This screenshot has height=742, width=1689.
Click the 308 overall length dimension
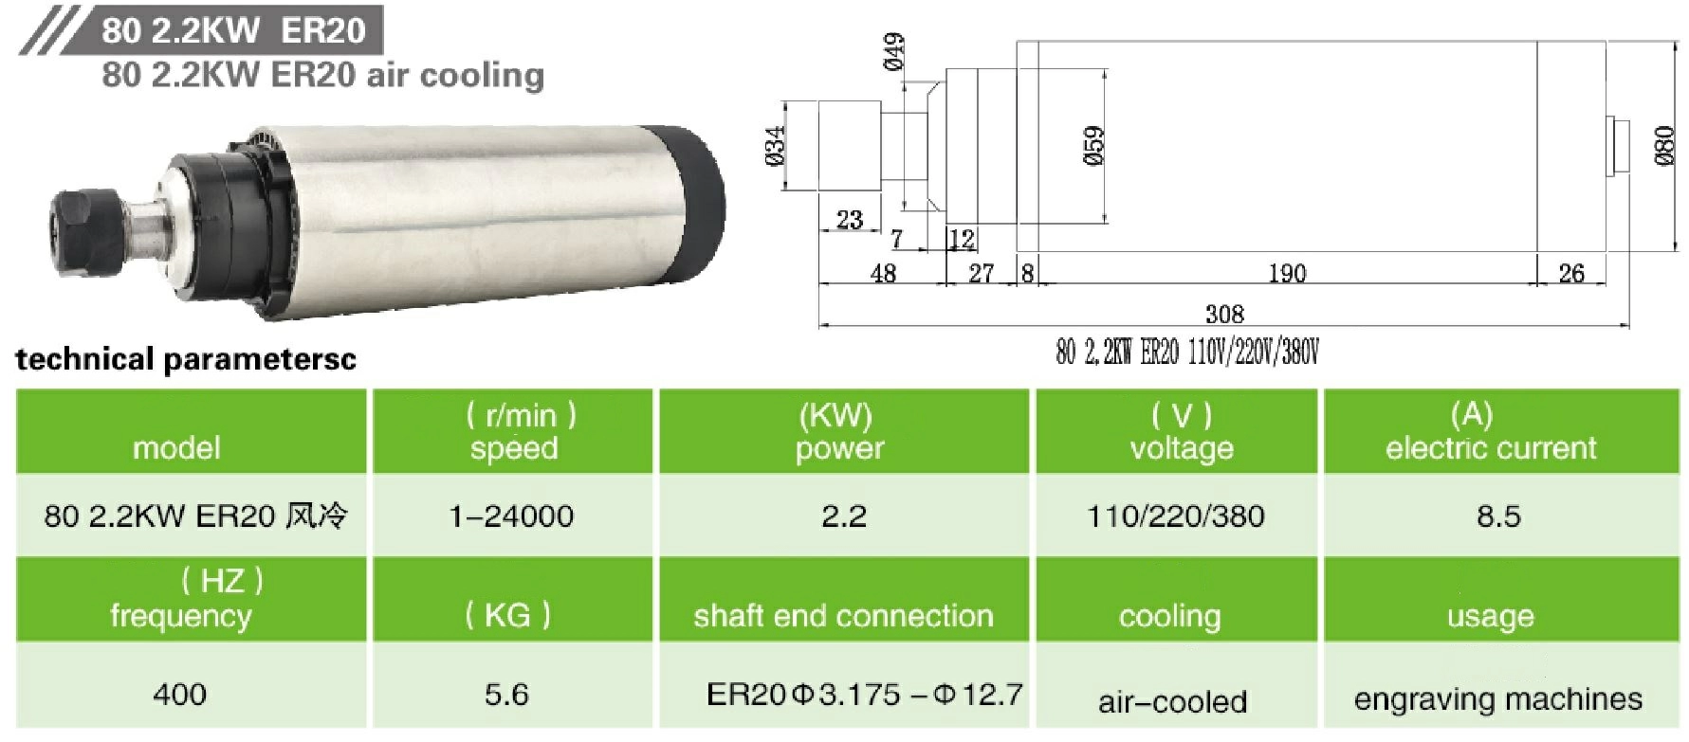pyautogui.click(x=1223, y=314)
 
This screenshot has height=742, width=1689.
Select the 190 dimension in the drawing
pyautogui.click(x=1287, y=274)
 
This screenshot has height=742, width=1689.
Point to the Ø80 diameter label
pyautogui.click(x=1664, y=146)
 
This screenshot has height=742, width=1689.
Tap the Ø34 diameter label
pyautogui.click(x=776, y=146)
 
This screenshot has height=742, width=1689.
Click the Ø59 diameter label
pyautogui.click(x=1093, y=146)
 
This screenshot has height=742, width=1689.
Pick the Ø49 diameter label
pyautogui.click(x=893, y=52)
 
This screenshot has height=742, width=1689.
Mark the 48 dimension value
pyautogui.click(x=882, y=274)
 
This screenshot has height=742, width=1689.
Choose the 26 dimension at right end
pyautogui.click(x=1570, y=274)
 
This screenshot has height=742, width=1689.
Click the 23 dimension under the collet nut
pyautogui.click(x=849, y=221)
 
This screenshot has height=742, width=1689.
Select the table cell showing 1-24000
pyautogui.click(x=511, y=516)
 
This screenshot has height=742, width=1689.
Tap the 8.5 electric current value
pyautogui.click(x=1498, y=516)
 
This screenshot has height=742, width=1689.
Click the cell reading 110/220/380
pyautogui.click(x=1175, y=516)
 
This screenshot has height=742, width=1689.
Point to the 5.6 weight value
pyautogui.click(x=506, y=695)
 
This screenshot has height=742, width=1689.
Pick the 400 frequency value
pyautogui.click(x=179, y=695)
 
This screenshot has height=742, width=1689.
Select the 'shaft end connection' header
pyautogui.click(x=843, y=616)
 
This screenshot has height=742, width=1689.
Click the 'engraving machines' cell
pyautogui.click(x=1497, y=699)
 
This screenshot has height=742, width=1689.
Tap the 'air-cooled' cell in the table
pyautogui.click(x=1172, y=701)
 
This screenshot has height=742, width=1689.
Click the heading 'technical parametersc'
pyautogui.click(x=186, y=360)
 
